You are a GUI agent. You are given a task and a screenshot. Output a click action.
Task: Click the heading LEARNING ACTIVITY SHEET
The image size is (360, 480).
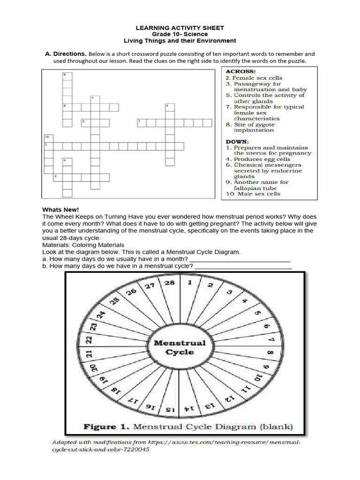pos(180,28)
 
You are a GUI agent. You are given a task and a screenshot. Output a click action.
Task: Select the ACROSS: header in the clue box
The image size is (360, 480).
pos(241,72)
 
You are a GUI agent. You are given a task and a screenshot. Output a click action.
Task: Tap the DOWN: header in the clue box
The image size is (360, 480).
pos(238,141)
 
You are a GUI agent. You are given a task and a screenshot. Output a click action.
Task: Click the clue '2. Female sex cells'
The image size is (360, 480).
pos(254,78)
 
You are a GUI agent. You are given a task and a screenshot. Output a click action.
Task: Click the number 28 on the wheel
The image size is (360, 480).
pos(170,283)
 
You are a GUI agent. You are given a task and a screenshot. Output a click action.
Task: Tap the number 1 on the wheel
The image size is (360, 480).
pos(190,283)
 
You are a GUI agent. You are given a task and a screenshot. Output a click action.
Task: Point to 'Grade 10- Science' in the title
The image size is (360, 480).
pos(180,34)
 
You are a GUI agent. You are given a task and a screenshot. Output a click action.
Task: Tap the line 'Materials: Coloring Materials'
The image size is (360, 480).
pos(83,245)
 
